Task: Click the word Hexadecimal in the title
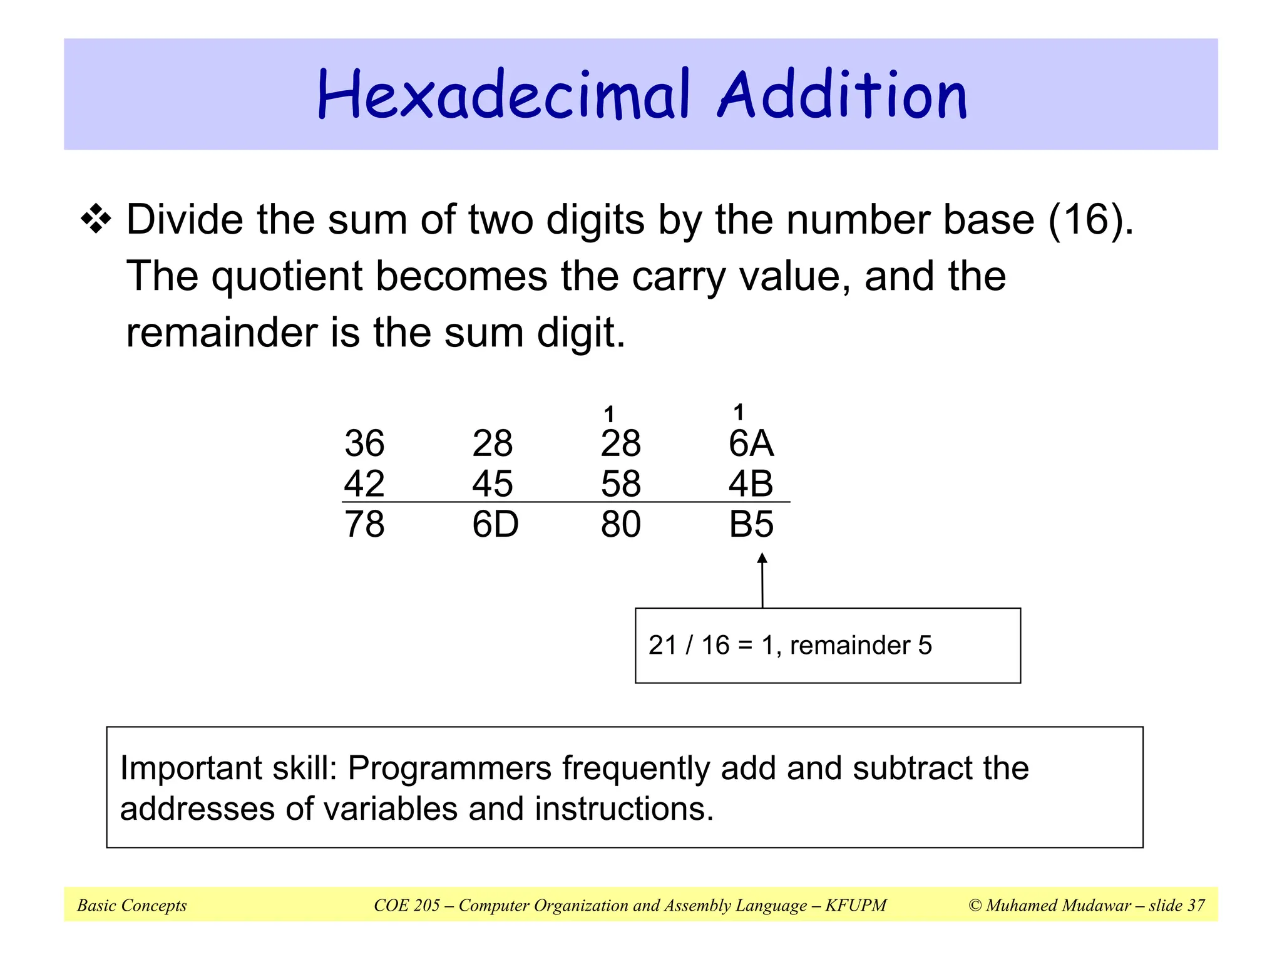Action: (x=504, y=95)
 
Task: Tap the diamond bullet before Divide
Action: (x=96, y=220)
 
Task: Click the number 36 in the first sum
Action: (x=364, y=443)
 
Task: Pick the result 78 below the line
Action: (x=364, y=524)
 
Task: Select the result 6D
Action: (x=495, y=524)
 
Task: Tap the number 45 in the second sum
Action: (x=493, y=484)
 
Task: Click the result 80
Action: (x=621, y=524)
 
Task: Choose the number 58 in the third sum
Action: (x=621, y=484)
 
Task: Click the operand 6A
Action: (x=751, y=443)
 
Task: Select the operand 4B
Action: (x=751, y=484)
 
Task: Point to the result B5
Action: (x=751, y=524)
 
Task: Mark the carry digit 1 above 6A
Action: (x=739, y=412)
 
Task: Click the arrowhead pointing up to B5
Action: (x=762, y=559)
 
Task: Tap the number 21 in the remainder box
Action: (x=662, y=645)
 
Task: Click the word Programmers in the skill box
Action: (x=449, y=768)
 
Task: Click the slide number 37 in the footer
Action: (x=1196, y=905)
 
